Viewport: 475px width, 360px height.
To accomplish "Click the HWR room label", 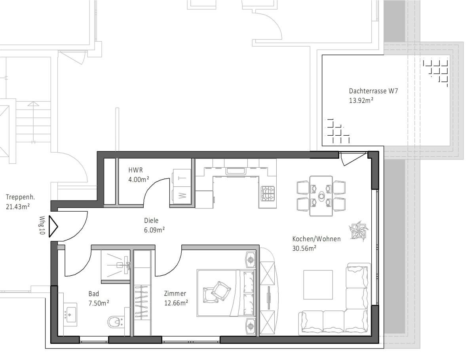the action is tap(135, 170).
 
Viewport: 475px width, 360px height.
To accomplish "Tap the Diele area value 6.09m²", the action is tap(154, 229).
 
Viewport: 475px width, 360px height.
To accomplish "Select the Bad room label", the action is tap(94, 294).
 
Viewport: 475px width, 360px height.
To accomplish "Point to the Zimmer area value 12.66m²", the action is tap(176, 303).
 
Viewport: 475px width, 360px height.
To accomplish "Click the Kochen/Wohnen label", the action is tap(316, 239).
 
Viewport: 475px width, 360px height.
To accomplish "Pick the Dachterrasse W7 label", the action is tap(373, 91).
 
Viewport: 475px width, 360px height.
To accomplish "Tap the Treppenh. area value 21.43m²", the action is tap(17, 207).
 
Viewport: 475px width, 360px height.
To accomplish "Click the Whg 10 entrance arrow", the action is tap(53, 226).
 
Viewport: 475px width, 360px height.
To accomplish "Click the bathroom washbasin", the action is tap(70, 315).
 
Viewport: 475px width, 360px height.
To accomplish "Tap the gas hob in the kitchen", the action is tap(268, 193).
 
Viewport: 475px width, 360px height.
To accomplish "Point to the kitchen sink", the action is tap(236, 171).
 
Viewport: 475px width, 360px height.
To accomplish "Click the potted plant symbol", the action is tap(359, 231).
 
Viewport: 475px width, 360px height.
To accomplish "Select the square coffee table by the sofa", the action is tap(318, 284).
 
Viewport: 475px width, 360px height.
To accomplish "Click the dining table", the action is tap(321, 196).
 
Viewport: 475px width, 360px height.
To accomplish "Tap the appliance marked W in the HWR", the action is tap(182, 196).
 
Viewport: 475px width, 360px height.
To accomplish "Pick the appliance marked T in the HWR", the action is tap(182, 178).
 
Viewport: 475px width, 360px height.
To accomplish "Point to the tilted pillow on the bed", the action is tap(221, 291).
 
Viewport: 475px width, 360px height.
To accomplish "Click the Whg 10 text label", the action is tap(42, 225).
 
